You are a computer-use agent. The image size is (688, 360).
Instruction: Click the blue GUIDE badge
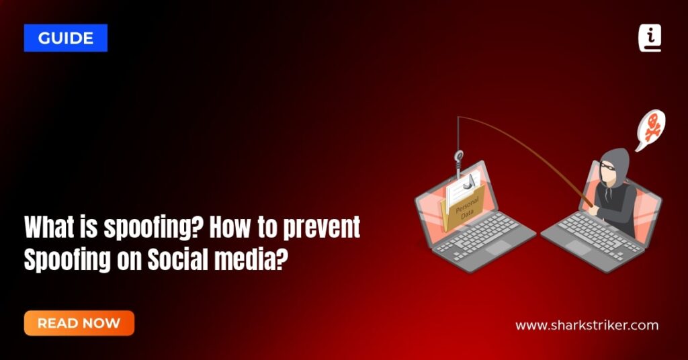(x=65, y=38)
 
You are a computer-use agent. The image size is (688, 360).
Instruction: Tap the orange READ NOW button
(x=79, y=323)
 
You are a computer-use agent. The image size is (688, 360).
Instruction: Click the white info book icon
(x=649, y=38)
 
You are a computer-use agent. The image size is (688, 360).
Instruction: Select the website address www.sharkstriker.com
(x=587, y=326)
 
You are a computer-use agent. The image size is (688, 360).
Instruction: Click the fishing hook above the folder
(x=459, y=160)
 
